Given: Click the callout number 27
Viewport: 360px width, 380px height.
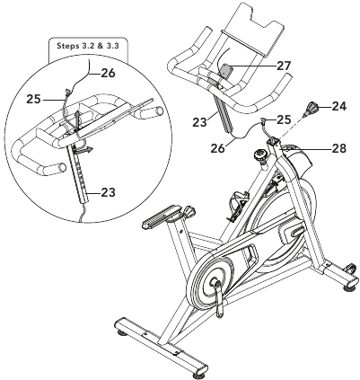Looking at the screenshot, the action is coord(284,66).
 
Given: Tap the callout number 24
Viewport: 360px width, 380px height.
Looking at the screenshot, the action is coord(339,106).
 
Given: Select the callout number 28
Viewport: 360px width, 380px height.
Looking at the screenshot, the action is coord(338,148).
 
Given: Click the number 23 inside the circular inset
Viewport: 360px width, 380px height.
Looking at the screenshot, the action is coord(108,192).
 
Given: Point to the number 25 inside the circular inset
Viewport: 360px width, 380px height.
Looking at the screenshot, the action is coord(33,99).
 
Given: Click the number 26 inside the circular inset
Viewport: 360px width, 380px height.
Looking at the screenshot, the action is coord(108,73).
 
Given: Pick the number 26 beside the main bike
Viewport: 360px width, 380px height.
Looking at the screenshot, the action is coord(217,148).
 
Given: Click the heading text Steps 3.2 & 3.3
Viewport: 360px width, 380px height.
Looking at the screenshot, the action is coord(88,46).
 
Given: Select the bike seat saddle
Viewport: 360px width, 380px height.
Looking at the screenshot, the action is coord(161,216).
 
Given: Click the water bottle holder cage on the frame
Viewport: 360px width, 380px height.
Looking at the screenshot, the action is coord(238,206).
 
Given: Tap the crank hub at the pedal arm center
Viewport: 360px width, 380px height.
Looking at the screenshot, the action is coord(215,282).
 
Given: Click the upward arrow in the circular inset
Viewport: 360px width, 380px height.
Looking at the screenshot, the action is coord(76,119).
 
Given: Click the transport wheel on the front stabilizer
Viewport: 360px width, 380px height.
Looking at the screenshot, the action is coord(351,268).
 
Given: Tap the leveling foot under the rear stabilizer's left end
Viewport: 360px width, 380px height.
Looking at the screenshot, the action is coord(123,332).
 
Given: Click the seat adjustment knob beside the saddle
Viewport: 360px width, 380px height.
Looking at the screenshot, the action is coord(189,211).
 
